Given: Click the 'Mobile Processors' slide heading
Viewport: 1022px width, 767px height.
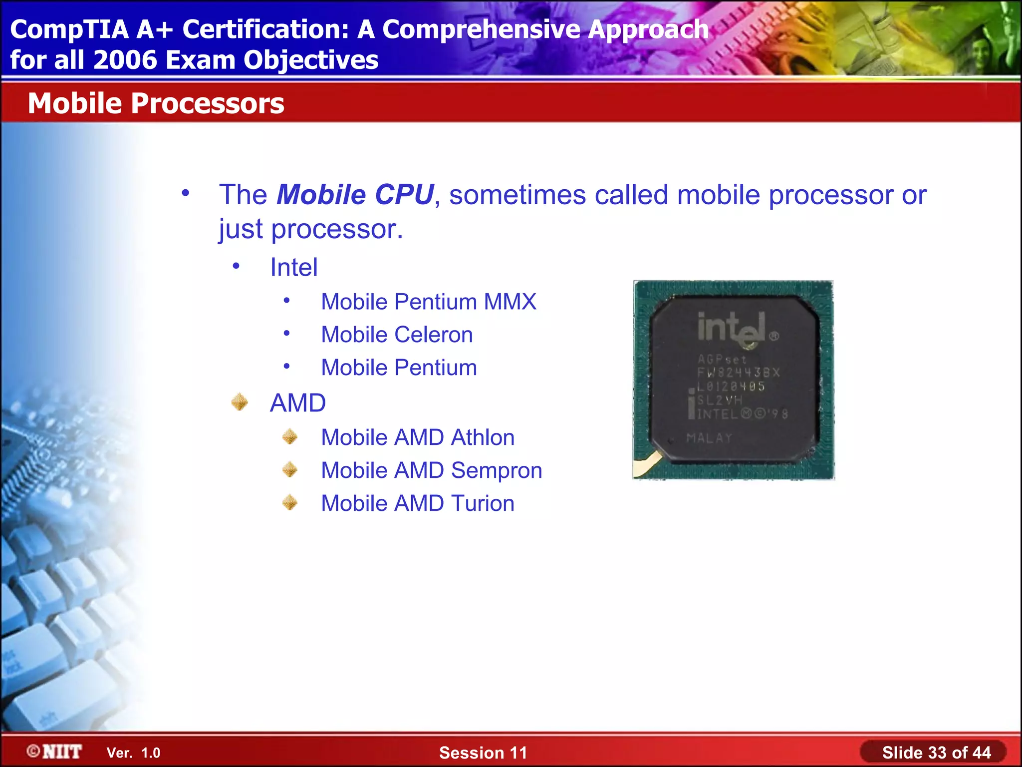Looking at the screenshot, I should pyautogui.click(x=156, y=103).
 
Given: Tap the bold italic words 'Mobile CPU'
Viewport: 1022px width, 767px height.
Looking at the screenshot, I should pyautogui.click(x=355, y=195).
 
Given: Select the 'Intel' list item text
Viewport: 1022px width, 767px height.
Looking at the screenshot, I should pyautogui.click(x=293, y=267).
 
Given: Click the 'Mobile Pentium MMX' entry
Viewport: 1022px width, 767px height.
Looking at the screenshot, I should pyautogui.click(x=428, y=302).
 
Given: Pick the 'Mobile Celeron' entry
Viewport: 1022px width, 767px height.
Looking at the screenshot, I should pyautogui.click(x=397, y=335).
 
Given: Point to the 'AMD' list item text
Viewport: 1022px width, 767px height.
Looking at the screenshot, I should pyautogui.click(x=297, y=403).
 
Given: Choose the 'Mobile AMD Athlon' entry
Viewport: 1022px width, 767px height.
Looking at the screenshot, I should pyautogui.click(x=418, y=437).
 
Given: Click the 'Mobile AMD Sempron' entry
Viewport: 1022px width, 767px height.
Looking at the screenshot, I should pyautogui.click(x=431, y=470).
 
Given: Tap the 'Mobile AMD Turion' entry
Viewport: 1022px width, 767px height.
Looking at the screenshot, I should pyautogui.click(x=418, y=503).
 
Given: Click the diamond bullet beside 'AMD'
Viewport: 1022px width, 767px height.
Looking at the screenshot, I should pyautogui.click(x=240, y=402).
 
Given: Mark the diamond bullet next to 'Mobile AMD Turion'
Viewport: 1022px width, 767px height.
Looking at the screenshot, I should pyautogui.click(x=290, y=502).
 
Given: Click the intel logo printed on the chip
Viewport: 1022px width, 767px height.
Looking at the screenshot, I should pyautogui.click(x=736, y=329).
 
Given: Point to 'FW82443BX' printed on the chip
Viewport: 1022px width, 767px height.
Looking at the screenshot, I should pyautogui.click(x=738, y=373).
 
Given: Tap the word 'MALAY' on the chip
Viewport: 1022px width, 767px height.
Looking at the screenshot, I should pyautogui.click(x=709, y=438).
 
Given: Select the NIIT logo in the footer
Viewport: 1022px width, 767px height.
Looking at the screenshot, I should pyautogui.click(x=54, y=752).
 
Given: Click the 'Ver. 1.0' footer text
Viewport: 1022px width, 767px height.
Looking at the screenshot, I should pyautogui.click(x=133, y=753).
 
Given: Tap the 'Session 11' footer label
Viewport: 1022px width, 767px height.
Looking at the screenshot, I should pyautogui.click(x=483, y=753).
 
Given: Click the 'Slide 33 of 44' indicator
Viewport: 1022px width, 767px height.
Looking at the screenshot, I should pyautogui.click(x=936, y=753).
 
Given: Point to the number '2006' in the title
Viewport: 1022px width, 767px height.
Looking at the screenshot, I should pyautogui.click(x=125, y=60).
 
